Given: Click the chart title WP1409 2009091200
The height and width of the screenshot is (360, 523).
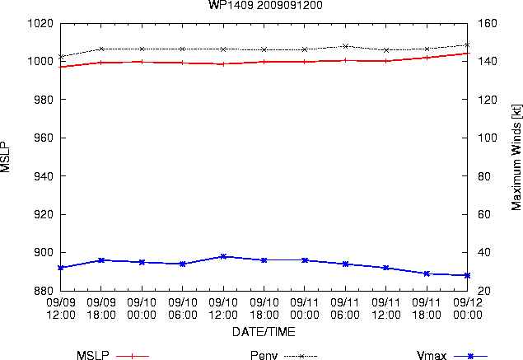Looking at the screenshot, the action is tap(265, 5).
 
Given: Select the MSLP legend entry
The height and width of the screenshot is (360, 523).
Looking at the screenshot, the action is tap(112, 355).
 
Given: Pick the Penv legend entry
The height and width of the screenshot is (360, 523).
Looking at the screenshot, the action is tap(283, 355).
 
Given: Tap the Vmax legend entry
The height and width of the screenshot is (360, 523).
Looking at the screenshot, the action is tap(452, 355).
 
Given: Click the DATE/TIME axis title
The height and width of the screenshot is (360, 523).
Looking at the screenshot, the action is tap(264, 332).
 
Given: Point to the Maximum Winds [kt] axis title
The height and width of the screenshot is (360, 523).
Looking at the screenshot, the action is tap(516, 157).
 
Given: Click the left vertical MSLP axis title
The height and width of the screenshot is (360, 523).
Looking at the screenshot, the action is tap(5, 157).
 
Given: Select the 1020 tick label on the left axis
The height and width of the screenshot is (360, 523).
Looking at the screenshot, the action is tap(40, 23).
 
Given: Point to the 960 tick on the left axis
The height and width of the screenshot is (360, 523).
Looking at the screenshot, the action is tap(44, 138).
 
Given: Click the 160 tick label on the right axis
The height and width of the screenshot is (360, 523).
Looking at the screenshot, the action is tap(488, 23).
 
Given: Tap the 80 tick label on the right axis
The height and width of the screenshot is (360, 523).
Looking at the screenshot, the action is tap(484, 176).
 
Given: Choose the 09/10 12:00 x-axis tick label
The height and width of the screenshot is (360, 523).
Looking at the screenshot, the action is tap(223, 309).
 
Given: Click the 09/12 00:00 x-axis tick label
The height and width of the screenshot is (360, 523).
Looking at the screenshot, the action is tap(468, 309).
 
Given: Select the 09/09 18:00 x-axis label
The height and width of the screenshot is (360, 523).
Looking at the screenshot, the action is tap(101, 309).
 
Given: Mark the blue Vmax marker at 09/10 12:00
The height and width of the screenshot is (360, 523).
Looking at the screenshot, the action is tap(223, 256).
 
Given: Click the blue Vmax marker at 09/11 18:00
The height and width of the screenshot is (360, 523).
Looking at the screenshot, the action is tap(427, 274).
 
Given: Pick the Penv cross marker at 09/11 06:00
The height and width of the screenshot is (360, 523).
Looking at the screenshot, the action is tap(346, 46).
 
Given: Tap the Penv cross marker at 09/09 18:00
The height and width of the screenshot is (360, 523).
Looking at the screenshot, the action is tap(101, 49).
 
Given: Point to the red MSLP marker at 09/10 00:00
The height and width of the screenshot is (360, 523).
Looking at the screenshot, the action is tap(142, 62).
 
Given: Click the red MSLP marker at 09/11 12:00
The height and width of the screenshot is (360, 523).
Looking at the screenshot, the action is tap(386, 61).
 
